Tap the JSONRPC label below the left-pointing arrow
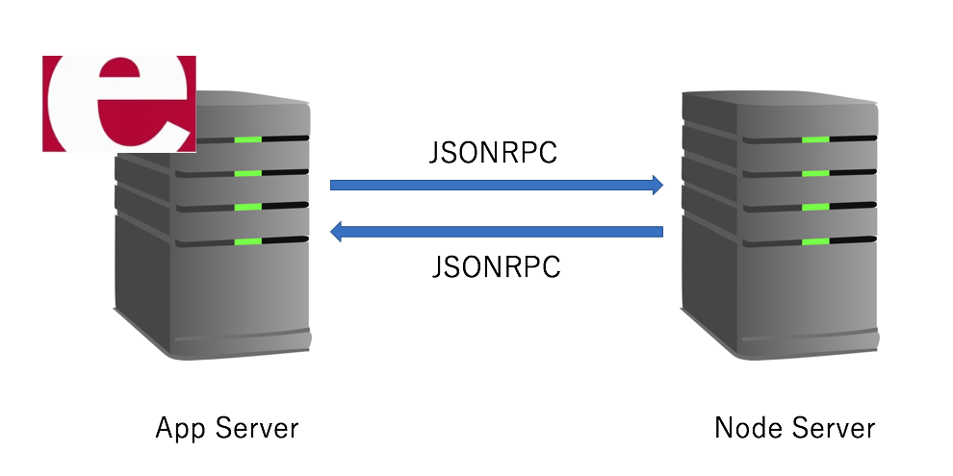[495, 266]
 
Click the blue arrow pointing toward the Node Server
[496, 185]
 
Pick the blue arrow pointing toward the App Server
[496, 232]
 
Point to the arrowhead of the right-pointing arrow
[657, 185]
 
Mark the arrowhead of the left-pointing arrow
[337, 232]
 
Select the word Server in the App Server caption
[256, 428]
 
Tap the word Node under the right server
[744, 428]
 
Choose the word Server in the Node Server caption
[834, 428]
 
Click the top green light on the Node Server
[815, 140]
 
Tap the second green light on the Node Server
[815, 174]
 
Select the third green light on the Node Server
[815, 207]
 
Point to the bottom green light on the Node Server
[815, 240]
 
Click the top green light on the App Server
[247, 140]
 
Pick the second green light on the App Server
[247, 174]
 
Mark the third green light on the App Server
[247, 207]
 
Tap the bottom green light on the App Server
[247, 240]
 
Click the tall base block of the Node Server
[780, 298]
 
